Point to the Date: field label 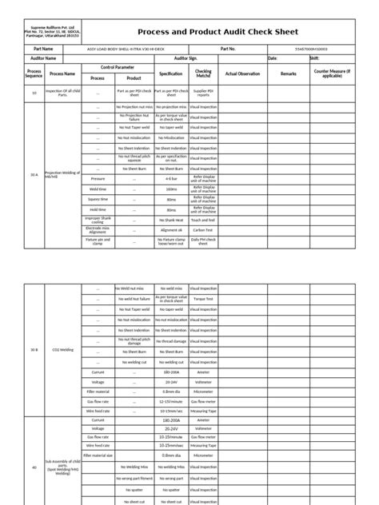272,58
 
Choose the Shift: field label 314,58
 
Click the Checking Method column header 203,74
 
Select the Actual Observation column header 243,74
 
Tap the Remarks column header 288,74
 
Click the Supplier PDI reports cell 203,93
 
